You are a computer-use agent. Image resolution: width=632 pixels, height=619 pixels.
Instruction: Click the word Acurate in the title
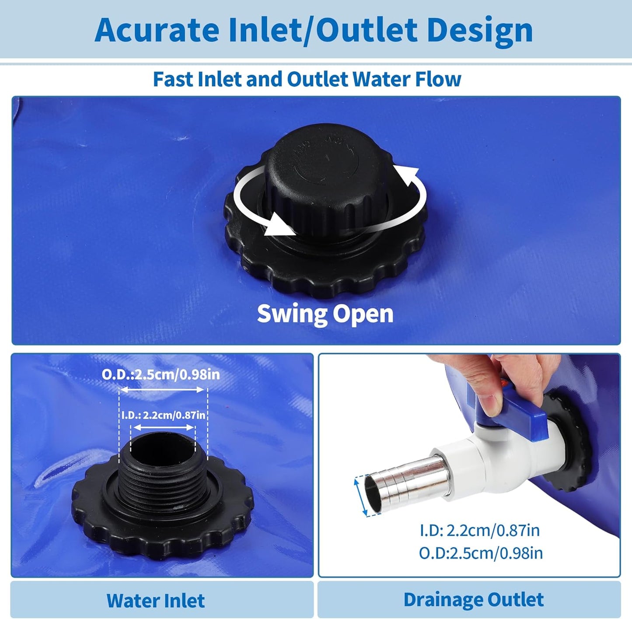point(157,30)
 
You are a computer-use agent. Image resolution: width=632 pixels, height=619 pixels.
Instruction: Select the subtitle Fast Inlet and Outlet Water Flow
point(307,79)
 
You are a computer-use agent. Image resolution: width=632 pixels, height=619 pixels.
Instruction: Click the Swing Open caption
point(325,314)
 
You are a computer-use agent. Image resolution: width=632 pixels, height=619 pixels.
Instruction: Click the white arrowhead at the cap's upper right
point(407,175)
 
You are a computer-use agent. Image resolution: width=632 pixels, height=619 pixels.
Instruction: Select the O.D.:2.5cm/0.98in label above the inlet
point(161,374)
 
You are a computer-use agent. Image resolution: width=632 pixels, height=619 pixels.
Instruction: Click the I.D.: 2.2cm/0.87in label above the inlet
point(163,415)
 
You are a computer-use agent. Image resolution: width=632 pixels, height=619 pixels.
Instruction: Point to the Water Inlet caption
point(155,601)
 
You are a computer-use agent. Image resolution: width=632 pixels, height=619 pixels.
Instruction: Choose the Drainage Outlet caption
point(474,600)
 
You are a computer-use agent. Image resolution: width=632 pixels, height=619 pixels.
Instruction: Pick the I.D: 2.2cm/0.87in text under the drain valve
point(480,531)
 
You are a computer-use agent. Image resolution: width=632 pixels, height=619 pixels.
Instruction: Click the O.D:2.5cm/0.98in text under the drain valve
point(481,553)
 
